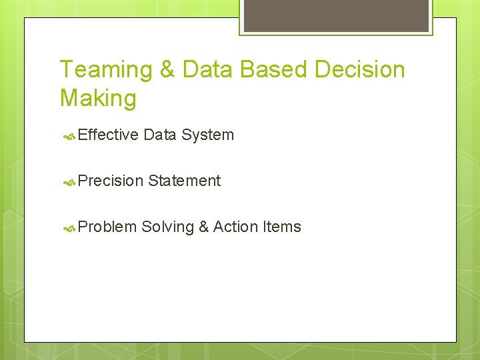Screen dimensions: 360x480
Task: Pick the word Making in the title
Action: [x=98, y=99]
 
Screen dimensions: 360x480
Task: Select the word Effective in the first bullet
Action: [x=108, y=135]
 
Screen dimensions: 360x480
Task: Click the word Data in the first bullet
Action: [x=159, y=135]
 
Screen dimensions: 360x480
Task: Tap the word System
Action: [x=207, y=135]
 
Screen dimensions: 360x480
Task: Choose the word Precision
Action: [x=111, y=181]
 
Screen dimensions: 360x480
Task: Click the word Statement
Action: [x=185, y=181]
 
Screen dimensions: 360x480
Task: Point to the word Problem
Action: [x=107, y=227]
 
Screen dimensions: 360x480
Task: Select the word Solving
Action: [x=167, y=227]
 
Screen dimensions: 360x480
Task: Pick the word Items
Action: [x=282, y=227]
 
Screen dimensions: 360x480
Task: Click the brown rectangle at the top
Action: [x=336, y=15]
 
